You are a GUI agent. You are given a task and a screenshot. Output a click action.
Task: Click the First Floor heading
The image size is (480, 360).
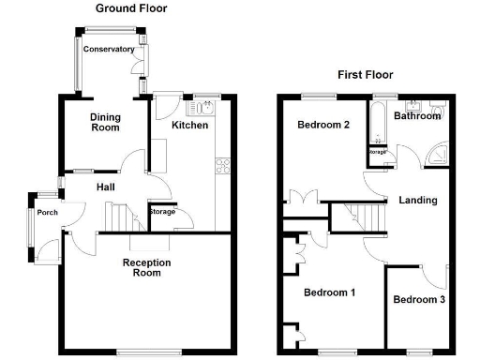[x=367, y=75]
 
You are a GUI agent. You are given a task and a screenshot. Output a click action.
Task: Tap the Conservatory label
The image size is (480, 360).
[x=109, y=49]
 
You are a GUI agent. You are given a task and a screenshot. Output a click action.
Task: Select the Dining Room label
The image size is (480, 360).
[x=105, y=123]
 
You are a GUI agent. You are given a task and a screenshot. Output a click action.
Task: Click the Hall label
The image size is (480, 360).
[x=106, y=187]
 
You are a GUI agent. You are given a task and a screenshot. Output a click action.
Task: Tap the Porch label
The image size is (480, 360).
[x=47, y=213]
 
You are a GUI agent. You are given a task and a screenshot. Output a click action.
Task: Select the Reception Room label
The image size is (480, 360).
[x=147, y=268]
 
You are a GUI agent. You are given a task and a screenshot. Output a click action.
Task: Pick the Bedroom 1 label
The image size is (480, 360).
[x=329, y=292]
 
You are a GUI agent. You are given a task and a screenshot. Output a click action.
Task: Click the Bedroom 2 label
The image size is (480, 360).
[x=323, y=125]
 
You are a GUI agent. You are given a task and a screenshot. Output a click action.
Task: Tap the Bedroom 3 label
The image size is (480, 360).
[x=418, y=300]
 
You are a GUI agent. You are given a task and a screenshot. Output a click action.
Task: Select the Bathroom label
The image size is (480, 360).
[x=417, y=116]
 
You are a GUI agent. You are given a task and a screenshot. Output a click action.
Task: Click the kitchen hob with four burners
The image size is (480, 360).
[x=224, y=168]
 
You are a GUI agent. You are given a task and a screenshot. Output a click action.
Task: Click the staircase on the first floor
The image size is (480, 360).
[x=362, y=218]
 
